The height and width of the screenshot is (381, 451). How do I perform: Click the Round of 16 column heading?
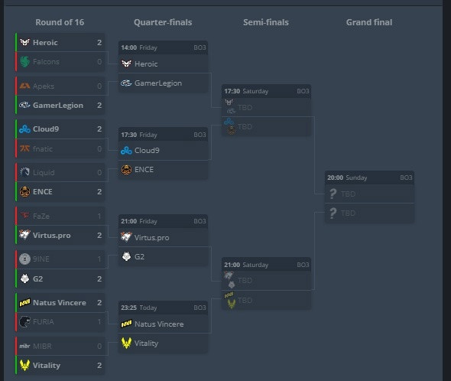[x=60, y=22]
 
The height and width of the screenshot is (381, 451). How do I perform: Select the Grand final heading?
[x=369, y=22]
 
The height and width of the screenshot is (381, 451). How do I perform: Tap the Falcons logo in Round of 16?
[x=24, y=62]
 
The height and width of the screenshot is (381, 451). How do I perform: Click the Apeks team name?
[x=44, y=86]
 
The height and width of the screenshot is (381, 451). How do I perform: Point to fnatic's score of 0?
[x=99, y=149]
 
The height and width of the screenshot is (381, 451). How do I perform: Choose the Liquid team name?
[x=44, y=172]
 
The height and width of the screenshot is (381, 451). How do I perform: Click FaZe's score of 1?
[x=99, y=216]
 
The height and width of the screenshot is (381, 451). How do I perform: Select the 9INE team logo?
[x=24, y=259]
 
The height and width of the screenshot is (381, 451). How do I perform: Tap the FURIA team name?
[x=44, y=321]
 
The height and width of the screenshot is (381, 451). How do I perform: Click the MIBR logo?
[x=24, y=346]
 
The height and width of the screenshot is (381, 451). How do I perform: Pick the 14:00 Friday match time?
[x=139, y=47]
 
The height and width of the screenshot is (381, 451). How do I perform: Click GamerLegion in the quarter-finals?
[x=158, y=83]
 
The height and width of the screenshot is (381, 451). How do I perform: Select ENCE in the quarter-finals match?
[x=144, y=170]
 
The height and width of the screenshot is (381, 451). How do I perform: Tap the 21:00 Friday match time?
[x=139, y=221]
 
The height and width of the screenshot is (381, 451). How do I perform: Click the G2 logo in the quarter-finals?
[x=127, y=256]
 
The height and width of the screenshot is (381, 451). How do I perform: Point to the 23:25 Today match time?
[x=139, y=308]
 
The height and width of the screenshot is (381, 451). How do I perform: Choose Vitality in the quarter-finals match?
[x=147, y=344]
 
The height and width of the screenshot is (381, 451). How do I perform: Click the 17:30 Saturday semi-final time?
[x=246, y=91]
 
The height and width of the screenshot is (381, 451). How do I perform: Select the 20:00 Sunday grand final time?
[x=347, y=177]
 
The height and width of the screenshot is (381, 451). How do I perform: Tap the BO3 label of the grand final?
[x=406, y=177]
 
